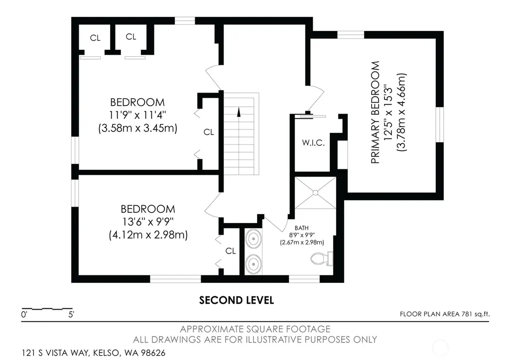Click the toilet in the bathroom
[x=322, y=258]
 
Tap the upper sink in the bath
[x=253, y=239]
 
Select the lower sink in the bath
[x=253, y=263]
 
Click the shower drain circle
[x=315, y=193]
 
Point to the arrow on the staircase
[x=239, y=112]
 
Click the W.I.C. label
[x=313, y=143]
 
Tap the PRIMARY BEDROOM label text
[x=376, y=113]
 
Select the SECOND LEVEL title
[x=237, y=300]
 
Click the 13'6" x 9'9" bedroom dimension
[x=148, y=222]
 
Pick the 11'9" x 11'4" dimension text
[x=137, y=115]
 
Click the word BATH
[x=301, y=228]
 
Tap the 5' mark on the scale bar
[x=71, y=315]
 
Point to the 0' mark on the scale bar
[x=24, y=315]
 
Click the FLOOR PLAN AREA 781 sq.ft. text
[x=445, y=314]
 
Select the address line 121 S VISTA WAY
[x=94, y=353]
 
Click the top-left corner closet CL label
[x=95, y=38]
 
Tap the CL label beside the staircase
[x=209, y=132]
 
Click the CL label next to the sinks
[x=231, y=251]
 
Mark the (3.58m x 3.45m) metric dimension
[x=138, y=128]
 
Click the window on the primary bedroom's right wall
[x=440, y=124]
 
